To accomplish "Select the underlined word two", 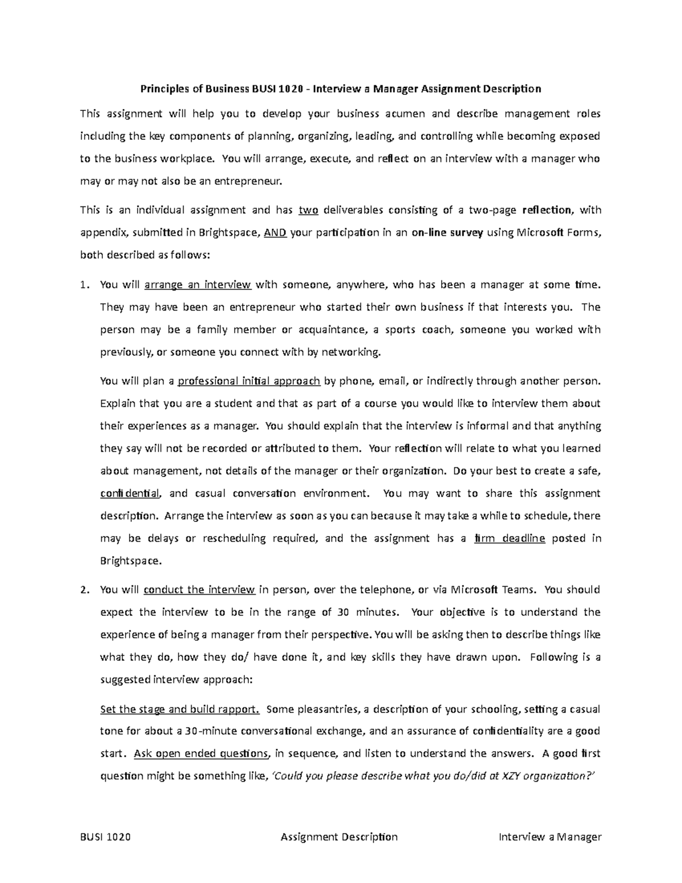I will click(308, 210).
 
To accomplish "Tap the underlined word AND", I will click(276, 233).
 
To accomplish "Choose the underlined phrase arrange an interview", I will click(198, 285).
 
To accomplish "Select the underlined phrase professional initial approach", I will click(249, 381).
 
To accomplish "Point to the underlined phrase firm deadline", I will click(509, 538).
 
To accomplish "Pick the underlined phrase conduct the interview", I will click(199, 590).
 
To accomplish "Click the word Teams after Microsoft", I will click(518, 590).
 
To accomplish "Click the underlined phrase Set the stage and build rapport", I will click(180, 709).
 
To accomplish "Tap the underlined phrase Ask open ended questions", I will click(201, 754).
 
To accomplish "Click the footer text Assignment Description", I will click(339, 837).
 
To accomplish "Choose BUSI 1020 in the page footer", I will click(105, 837).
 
